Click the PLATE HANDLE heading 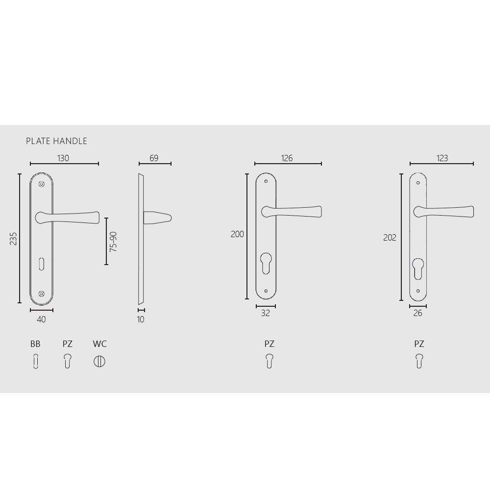point(56,141)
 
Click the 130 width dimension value point(63,158)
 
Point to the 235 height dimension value point(13,239)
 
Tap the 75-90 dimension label point(114,242)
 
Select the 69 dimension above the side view point(154,158)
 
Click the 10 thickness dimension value point(141,319)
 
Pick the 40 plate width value point(41,319)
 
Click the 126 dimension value point(287,158)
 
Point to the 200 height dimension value point(237,234)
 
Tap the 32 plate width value point(265,313)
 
